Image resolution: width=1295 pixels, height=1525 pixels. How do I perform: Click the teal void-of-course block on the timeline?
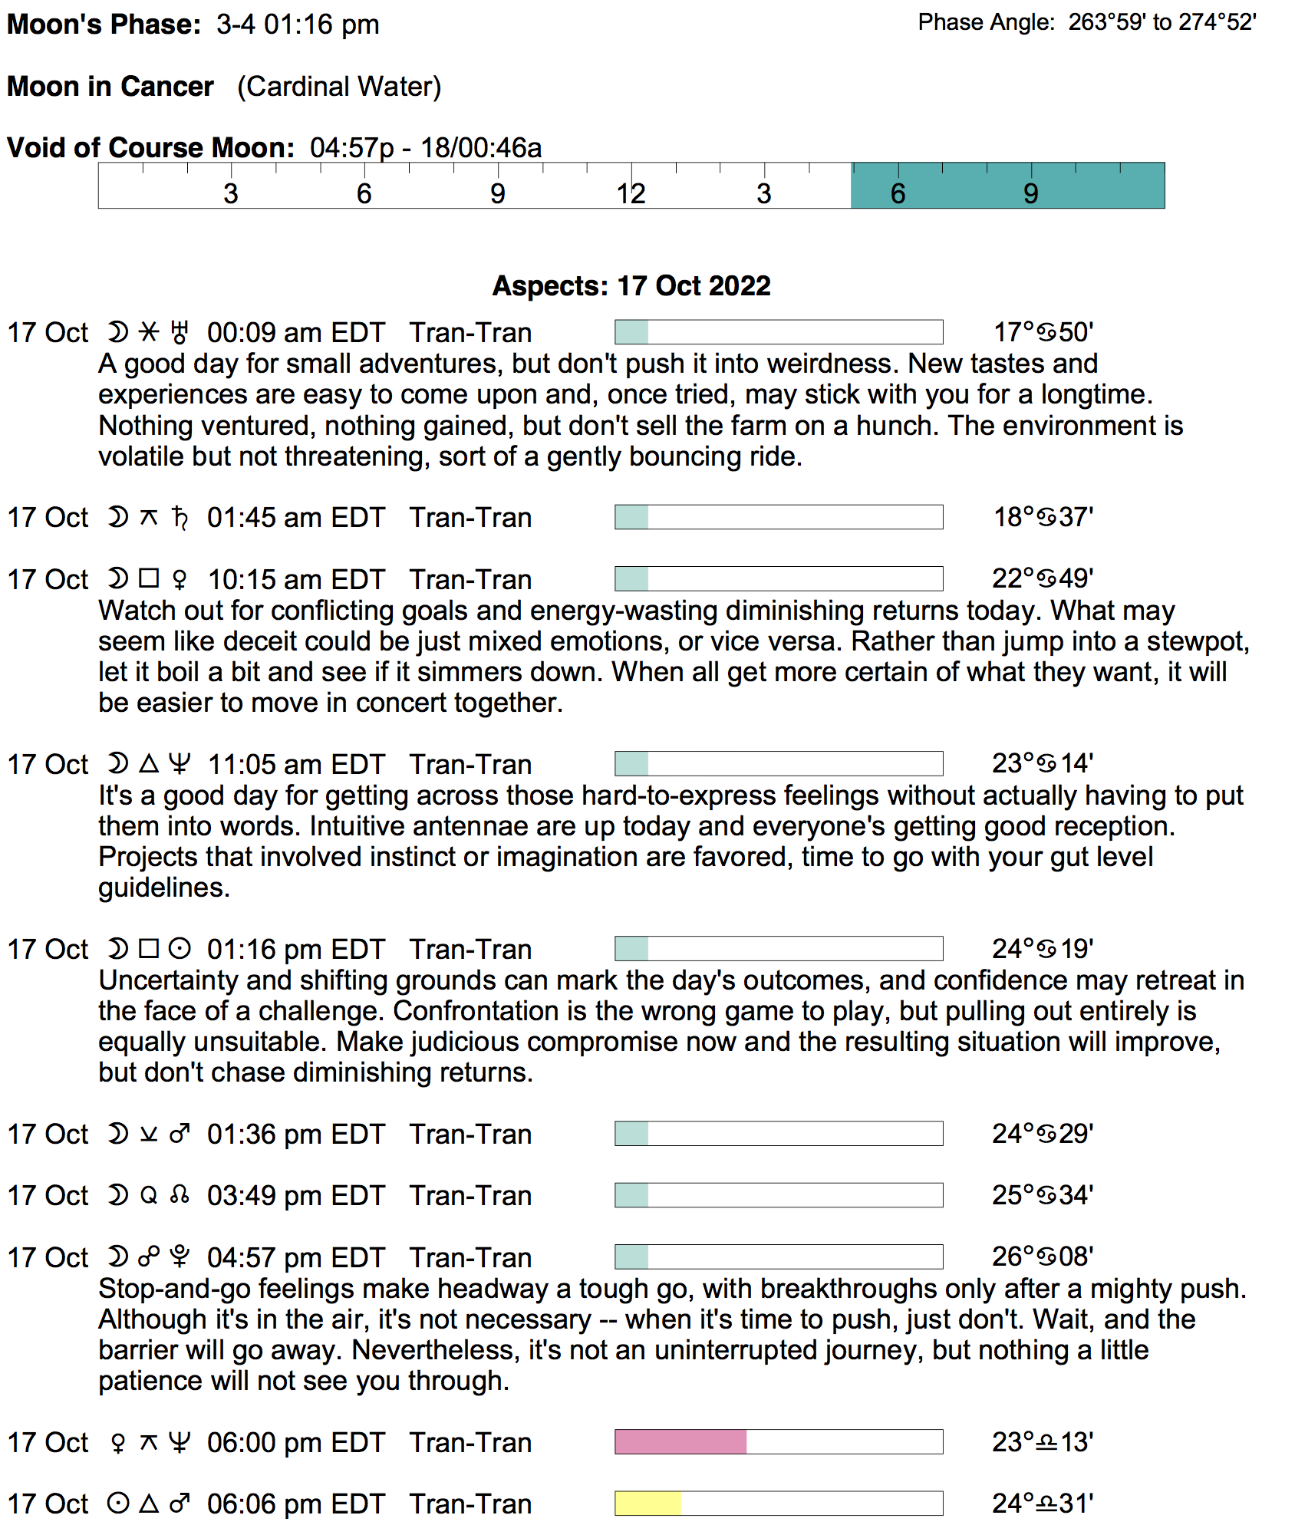click(1007, 186)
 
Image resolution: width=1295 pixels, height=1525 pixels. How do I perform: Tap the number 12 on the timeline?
click(631, 194)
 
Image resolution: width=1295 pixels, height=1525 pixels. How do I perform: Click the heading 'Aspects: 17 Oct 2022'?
click(631, 286)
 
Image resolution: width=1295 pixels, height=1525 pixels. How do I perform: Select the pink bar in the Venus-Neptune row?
click(680, 1442)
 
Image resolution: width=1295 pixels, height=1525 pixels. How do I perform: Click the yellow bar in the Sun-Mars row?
click(647, 1504)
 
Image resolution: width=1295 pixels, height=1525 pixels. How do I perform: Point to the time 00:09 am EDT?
click(295, 333)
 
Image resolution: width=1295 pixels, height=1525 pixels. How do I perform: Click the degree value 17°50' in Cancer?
click(1043, 332)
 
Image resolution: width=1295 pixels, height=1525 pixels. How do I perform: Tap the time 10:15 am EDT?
click(295, 579)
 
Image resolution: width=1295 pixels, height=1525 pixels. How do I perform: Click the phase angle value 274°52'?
click(1217, 22)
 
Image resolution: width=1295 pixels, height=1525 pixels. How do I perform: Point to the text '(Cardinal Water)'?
click(339, 87)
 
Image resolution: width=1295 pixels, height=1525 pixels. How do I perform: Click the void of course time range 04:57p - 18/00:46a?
click(426, 147)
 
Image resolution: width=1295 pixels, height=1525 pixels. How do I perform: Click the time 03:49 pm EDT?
click(295, 1196)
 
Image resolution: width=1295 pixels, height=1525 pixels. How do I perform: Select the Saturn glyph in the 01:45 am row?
click(180, 518)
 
